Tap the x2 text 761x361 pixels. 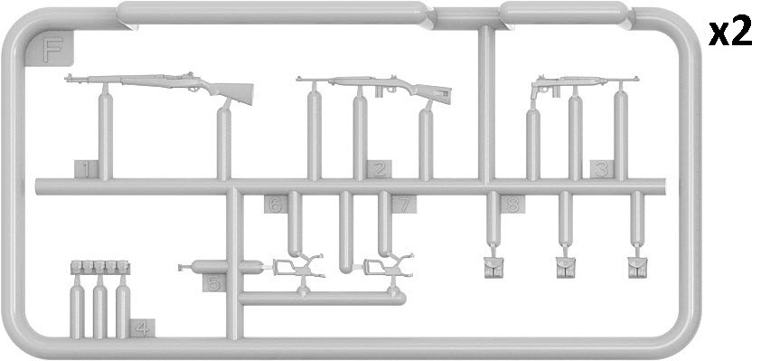pos(730,33)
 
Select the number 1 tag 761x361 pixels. pos(87,169)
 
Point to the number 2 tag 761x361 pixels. pos(380,169)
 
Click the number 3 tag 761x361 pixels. pos(602,169)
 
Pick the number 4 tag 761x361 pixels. pos(142,328)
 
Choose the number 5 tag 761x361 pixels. pos(214,282)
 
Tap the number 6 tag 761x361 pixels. pos(276,204)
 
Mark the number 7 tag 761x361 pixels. pos(404,204)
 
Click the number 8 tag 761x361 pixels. pos(513,204)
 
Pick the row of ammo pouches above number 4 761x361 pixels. pos(100,267)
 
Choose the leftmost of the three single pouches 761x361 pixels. pos(494,267)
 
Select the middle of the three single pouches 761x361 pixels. pos(566,267)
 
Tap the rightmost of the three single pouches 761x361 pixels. pos(637,267)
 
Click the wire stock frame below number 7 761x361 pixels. pos(389,267)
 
